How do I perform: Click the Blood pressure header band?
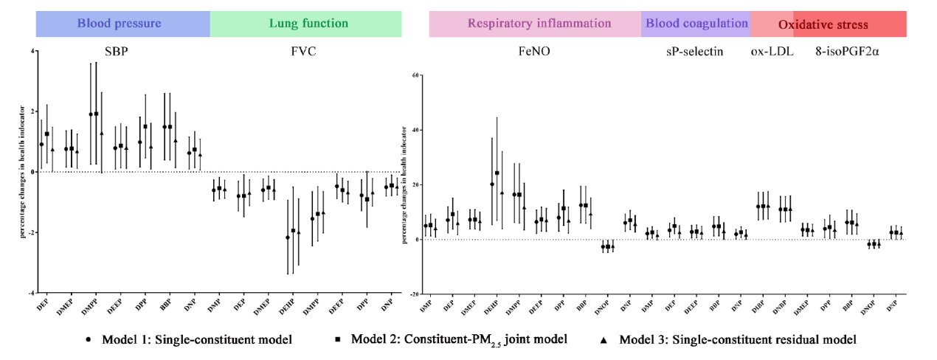pyautogui.click(x=120, y=24)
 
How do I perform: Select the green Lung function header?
pyautogui.click(x=308, y=24)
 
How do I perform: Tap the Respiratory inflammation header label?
pyautogui.click(x=539, y=24)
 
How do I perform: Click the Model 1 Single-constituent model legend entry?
pyautogui.click(x=189, y=340)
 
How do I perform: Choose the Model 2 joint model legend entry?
pyautogui.click(x=451, y=340)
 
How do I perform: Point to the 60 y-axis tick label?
pyautogui.click(x=415, y=75)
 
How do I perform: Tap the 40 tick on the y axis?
pyautogui.click(x=415, y=130)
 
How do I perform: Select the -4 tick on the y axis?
pyautogui.click(x=31, y=294)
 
